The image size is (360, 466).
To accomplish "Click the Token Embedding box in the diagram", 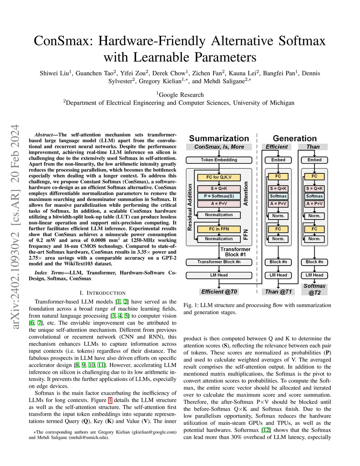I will point(219,160).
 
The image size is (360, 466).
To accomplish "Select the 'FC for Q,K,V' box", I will point(219,177).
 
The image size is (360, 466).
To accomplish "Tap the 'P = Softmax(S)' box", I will point(219,196).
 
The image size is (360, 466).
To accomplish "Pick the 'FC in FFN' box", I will point(219,229).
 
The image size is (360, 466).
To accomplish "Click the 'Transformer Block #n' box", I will point(219,262).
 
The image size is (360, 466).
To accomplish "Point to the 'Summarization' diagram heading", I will point(219,138).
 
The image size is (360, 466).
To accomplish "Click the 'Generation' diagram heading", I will point(295,138).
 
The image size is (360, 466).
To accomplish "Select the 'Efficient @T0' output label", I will point(219,292).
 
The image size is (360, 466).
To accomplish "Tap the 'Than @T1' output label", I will point(278,292).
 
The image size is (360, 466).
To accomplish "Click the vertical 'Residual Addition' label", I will point(190,207).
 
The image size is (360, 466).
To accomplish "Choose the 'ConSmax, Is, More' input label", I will point(219,147).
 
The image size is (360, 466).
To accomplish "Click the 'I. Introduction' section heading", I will point(102,293).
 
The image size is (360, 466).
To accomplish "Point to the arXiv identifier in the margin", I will point(15,227).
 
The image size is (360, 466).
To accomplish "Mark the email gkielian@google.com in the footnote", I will point(154,432).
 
